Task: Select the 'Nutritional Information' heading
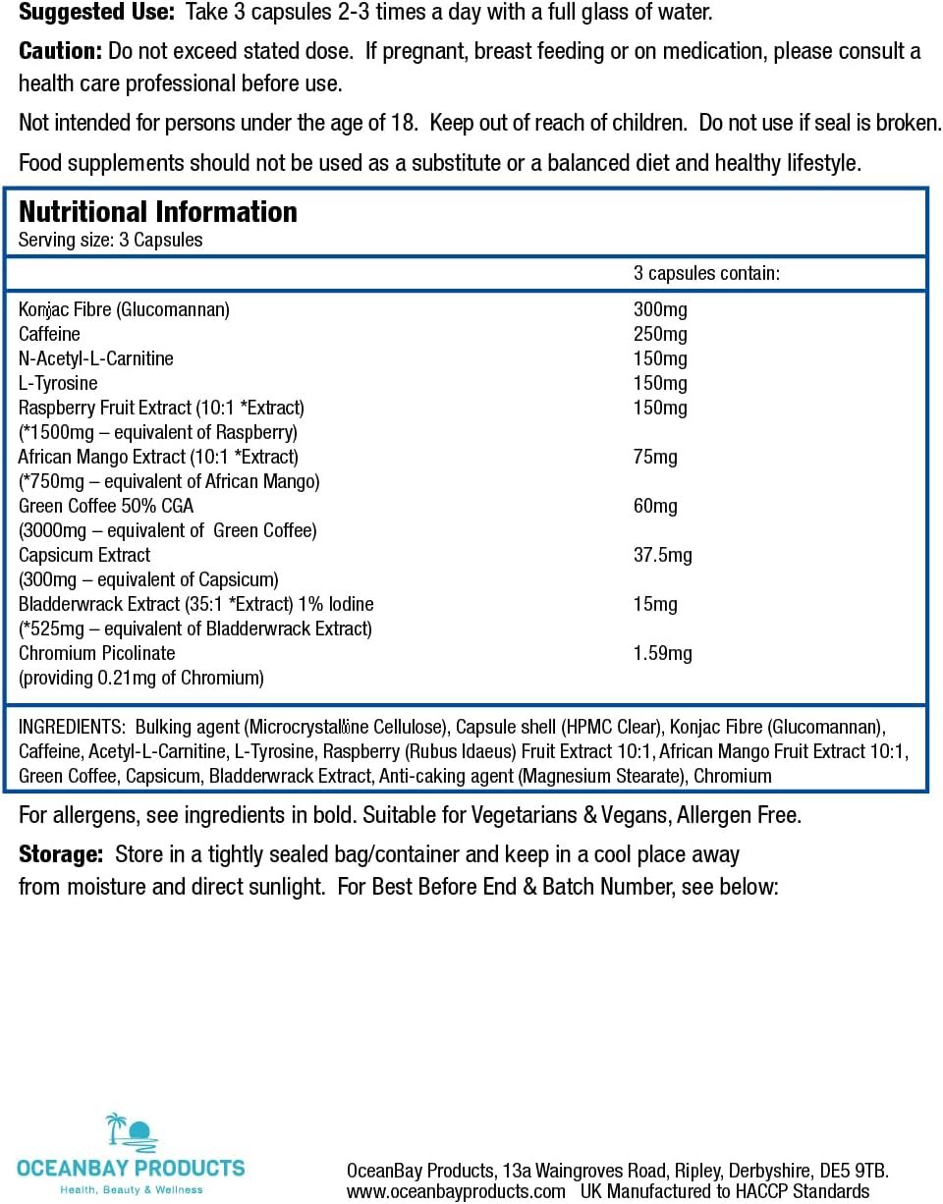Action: pyautogui.click(x=158, y=211)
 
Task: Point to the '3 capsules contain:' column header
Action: pyautogui.click(x=706, y=273)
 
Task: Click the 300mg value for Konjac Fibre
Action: pyautogui.click(x=660, y=309)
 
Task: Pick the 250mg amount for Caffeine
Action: pyautogui.click(x=660, y=334)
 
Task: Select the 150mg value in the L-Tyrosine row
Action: pyautogui.click(x=660, y=383)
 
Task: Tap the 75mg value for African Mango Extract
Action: pyautogui.click(x=655, y=457)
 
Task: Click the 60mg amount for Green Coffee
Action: pyautogui.click(x=655, y=506)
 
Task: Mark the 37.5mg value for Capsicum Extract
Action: pyautogui.click(x=662, y=555)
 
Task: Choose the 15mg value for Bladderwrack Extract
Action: pyautogui.click(x=655, y=604)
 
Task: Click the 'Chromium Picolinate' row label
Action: pyautogui.click(x=97, y=653)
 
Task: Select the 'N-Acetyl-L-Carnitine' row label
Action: pyautogui.click(x=96, y=358)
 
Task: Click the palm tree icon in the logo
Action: pyautogui.click(x=117, y=1128)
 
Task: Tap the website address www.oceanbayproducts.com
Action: pyautogui.click(x=458, y=1191)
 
